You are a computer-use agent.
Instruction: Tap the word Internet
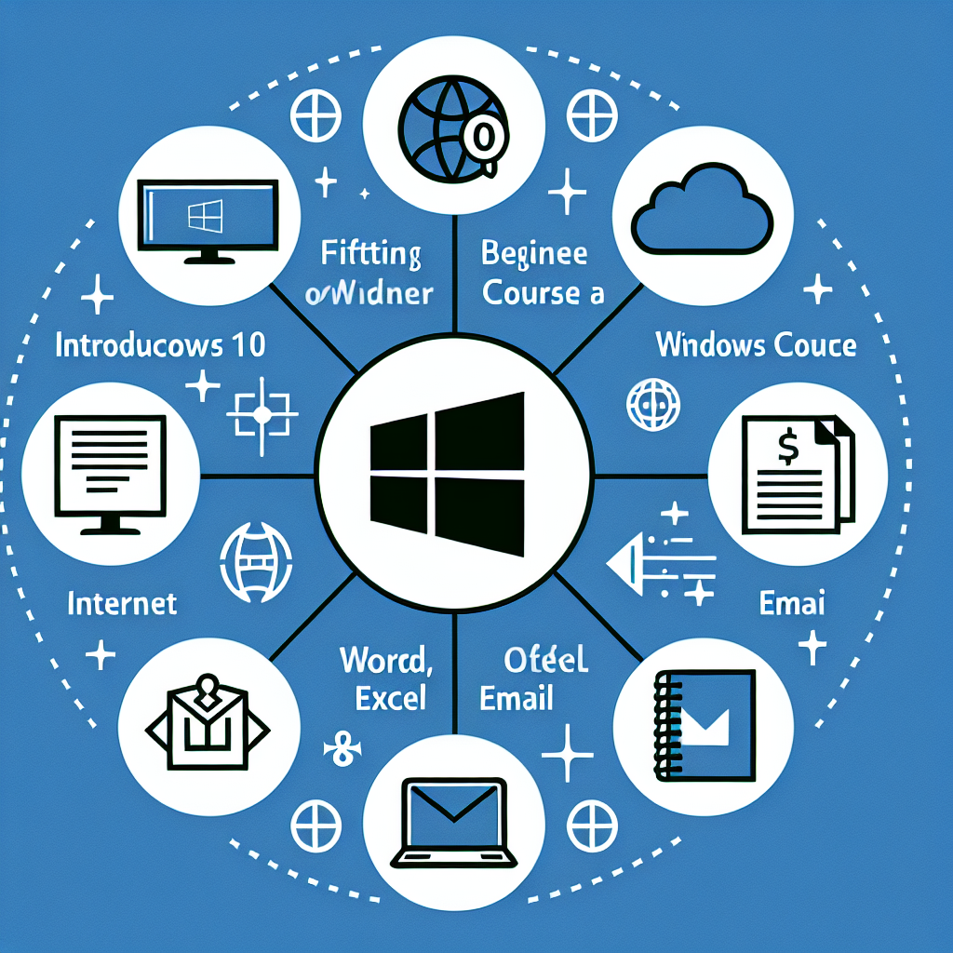[122, 604]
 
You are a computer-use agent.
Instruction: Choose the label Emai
[792, 603]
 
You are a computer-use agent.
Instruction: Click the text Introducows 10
[160, 345]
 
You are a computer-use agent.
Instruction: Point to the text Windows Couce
[756, 345]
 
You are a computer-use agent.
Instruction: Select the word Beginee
[534, 253]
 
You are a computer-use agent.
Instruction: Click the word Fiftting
[370, 254]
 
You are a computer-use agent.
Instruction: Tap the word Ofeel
[545, 661]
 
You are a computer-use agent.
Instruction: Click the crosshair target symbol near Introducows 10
[262, 411]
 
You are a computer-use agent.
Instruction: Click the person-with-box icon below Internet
[206, 718]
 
